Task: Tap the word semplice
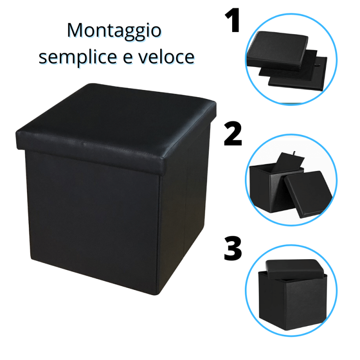click(78, 58)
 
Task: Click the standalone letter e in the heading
click(128, 58)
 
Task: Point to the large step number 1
click(233, 20)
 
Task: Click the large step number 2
click(233, 134)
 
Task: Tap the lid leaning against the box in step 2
click(308, 194)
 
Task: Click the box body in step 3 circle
click(293, 301)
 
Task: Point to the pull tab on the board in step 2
click(294, 153)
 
